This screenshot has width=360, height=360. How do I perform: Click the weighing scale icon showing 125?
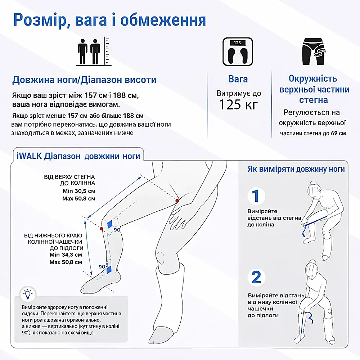pos(238,51)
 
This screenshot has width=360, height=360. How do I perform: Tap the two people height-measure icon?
pos(94,51)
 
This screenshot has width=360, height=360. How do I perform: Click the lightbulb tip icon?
pos(28,294)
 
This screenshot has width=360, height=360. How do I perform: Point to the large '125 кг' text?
pos(239,105)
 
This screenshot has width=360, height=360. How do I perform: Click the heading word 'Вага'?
pos(238,79)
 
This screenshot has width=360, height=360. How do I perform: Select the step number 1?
pos(256,196)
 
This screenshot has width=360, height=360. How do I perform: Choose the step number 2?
pos(256,277)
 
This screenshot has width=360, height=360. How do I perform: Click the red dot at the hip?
pos(177,201)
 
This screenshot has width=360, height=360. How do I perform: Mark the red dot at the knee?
pos(102,229)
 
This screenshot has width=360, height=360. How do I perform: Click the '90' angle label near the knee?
pos(117,230)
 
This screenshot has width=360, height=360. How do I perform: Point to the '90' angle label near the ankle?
pos(102,266)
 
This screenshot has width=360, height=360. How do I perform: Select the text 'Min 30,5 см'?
pos(79,191)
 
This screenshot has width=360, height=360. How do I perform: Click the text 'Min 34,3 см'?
pos(66,255)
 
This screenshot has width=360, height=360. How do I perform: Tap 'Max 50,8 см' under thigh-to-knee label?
pos(79,199)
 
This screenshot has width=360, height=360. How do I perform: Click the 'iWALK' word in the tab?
pos(29,156)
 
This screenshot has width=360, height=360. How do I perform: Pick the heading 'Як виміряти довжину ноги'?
pos(296,169)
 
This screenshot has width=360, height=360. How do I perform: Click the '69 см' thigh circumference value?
pos(338,134)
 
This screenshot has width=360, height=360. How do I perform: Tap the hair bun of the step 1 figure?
pos(313,183)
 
